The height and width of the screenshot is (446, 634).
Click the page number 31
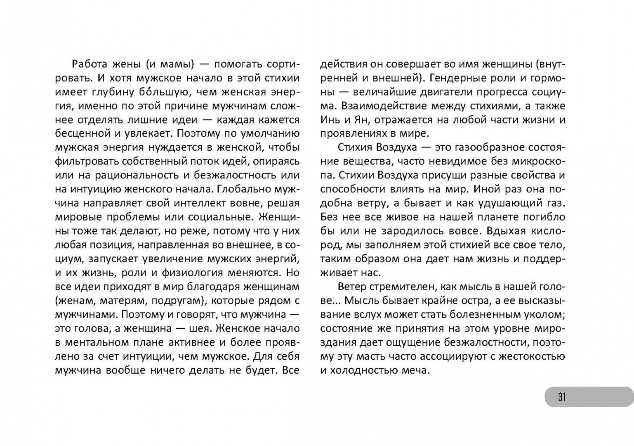coord(562,397)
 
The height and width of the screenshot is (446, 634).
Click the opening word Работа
coord(90,64)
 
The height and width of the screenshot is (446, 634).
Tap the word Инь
coord(330,120)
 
